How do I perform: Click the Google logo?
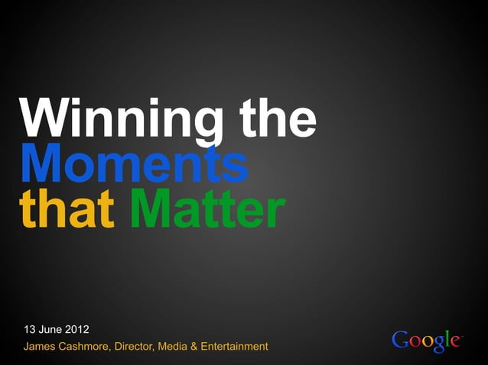pos(427,341)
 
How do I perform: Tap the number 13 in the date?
pos(30,330)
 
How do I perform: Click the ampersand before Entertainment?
pos(195,347)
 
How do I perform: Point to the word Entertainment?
pos(235,347)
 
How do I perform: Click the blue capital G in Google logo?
pos(399,340)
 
